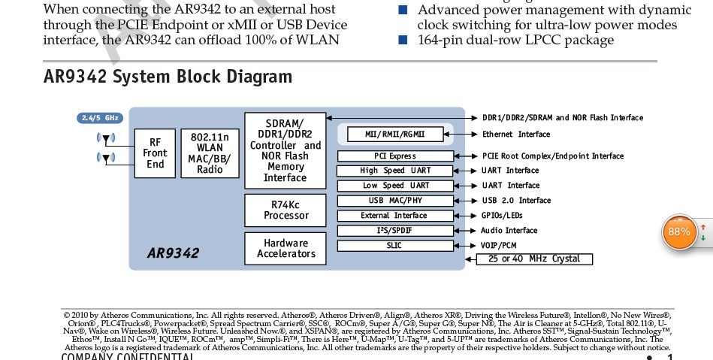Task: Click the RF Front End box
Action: tap(155, 153)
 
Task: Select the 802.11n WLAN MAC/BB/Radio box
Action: tap(210, 153)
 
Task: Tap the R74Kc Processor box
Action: tap(286, 210)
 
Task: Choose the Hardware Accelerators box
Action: tap(286, 249)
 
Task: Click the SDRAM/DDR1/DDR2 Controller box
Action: tap(285, 150)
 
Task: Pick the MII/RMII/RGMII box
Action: tap(395, 135)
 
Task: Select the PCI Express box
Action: tap(395, 156)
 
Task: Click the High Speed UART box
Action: tap(395, 171)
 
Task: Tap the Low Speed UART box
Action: tap(395, 186)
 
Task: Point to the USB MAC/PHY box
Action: tap(395, 201)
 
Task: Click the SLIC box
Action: tap(395, 246)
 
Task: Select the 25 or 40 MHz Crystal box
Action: tap(533, 259)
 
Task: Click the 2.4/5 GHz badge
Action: tap(100, 118)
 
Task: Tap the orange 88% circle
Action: tap(678, 232)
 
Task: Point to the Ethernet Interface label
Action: tap(515, 135)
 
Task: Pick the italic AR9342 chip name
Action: tap(173, 253)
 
